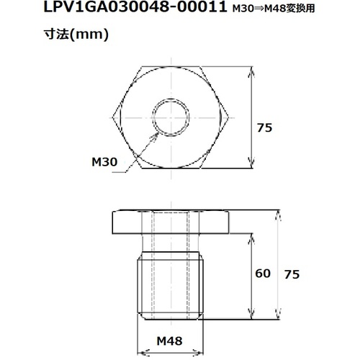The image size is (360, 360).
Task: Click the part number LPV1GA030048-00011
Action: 135,7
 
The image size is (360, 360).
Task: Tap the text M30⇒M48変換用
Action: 274,9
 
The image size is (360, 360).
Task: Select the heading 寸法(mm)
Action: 76,35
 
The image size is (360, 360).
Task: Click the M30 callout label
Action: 104,162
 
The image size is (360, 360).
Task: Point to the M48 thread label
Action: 169,341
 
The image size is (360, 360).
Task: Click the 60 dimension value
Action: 263,274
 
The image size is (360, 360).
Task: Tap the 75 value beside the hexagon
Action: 265,127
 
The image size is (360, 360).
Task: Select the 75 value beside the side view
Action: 292,274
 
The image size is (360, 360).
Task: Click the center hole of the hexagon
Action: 171,117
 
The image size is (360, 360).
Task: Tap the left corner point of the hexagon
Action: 113,117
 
